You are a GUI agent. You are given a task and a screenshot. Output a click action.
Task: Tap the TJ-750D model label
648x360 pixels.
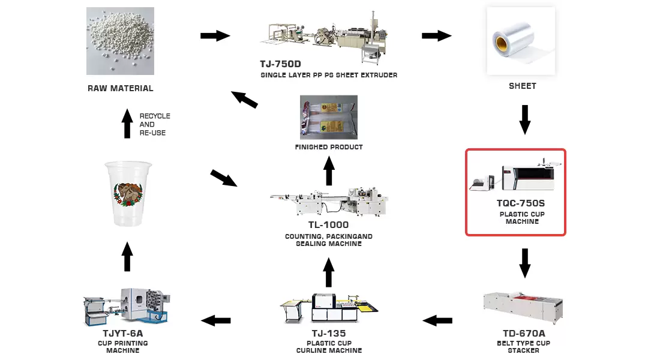pos(280,64)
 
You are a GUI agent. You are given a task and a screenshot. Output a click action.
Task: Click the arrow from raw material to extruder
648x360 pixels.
pos(215,36)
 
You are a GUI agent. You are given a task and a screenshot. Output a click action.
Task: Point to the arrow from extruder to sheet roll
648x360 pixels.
pos(436,36)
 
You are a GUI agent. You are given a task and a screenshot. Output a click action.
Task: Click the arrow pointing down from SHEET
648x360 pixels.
pos(525,119)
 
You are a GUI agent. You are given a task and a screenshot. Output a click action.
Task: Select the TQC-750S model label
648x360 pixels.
pos(517,203)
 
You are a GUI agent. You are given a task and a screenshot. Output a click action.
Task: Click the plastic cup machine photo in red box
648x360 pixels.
pos(517,176)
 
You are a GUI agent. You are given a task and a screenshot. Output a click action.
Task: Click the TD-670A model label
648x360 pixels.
pos(524,334)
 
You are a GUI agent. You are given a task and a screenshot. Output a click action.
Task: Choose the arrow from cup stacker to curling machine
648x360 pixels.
pos(437,321)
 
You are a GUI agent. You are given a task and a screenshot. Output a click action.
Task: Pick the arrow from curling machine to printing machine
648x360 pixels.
pos(216,321)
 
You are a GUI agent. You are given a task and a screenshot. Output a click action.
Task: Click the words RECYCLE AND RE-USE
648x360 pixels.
pos(155,124)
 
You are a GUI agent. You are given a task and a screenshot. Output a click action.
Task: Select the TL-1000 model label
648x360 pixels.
pos(328,226)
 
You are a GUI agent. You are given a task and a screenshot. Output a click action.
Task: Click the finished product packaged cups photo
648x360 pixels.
pos(328,117)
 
